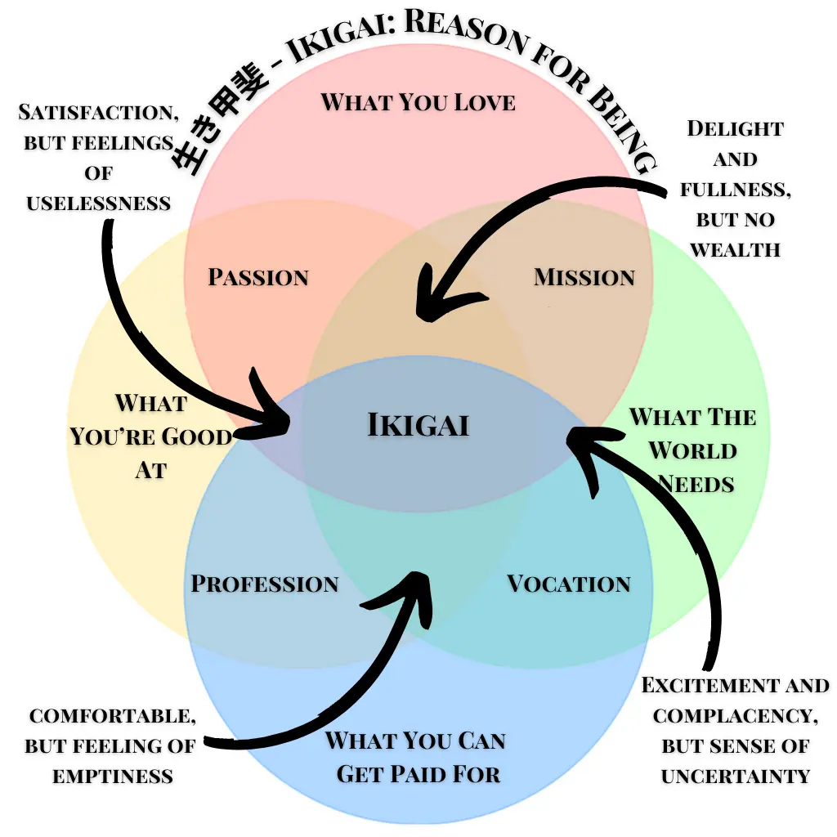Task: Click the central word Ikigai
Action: click(418, 425)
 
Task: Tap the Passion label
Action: click(258, 277)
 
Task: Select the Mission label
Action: click(584, 277)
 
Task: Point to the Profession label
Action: click(265, 584)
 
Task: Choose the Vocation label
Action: click(569, 584)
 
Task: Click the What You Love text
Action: click(418, 102)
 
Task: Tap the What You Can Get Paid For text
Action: click(416, 757)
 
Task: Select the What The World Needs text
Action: click(692, 450)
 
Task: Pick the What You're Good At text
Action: click(150, 436)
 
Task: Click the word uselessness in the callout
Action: click(99, 203)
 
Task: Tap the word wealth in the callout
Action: click(736, 248)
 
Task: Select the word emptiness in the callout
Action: click(113, 776)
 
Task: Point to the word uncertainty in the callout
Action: click(736, 776)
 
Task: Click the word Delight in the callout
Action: click(735, 128)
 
